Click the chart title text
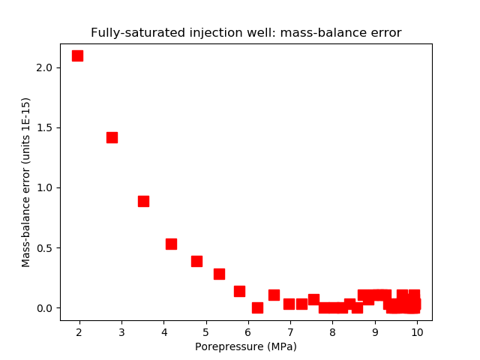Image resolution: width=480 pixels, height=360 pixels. click(246, 33)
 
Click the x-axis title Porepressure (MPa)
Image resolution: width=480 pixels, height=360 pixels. click(246, 346)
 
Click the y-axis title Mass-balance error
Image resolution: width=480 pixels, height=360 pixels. click(26, 182)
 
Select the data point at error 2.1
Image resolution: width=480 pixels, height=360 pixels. click(77, 55)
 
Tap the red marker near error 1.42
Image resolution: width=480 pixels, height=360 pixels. click(112, 137)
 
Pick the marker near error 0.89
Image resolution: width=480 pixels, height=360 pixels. click(143, 201)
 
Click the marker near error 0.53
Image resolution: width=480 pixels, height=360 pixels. click(171, 244)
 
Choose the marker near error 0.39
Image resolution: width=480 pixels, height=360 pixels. click(196, 261)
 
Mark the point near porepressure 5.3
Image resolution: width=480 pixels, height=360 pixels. click(219, 274)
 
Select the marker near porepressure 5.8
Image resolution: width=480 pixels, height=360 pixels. click(239, 291)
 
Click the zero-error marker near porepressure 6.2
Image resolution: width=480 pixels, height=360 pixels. click(257, 307)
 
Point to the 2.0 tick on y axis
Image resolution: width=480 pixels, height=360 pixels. click(44, 67)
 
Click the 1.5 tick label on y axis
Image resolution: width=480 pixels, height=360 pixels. click(44, 127)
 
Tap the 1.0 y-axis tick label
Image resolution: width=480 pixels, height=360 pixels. click(44, 187)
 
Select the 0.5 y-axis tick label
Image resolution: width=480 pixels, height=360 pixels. click(44, 248)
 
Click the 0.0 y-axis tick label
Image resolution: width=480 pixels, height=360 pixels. click(44, 308)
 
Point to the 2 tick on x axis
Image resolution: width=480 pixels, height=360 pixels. click(79, 331)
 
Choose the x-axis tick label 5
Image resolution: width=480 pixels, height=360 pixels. click(206, 331)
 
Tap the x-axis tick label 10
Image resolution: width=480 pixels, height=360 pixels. click(417, 331)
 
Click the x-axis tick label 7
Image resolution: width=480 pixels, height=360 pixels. click(290, 331)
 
